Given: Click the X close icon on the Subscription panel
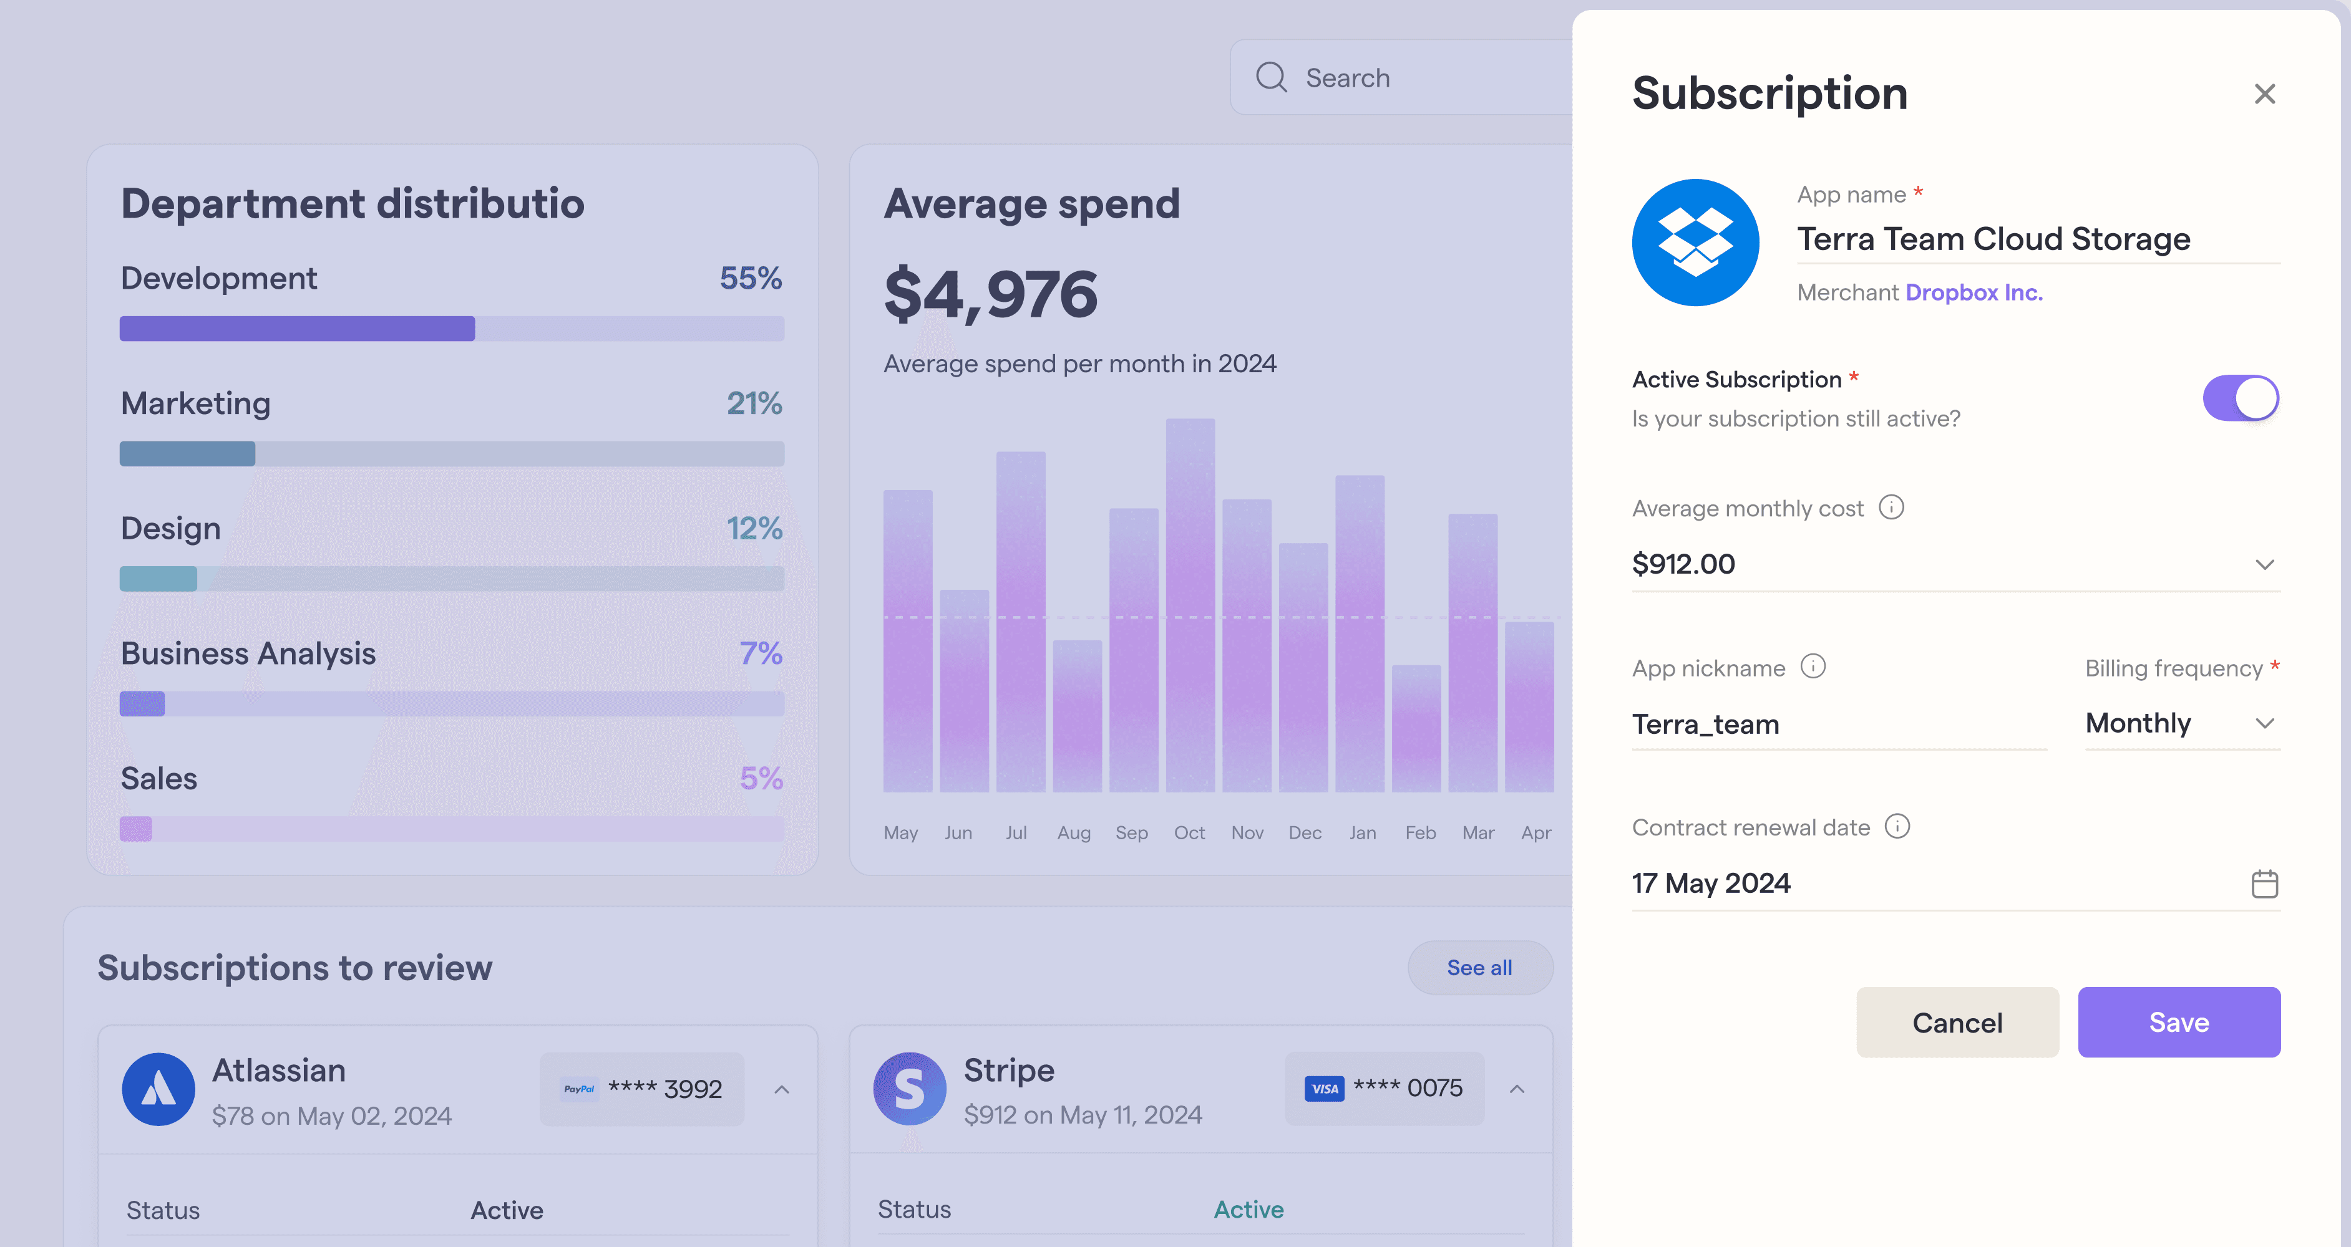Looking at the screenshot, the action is tap(2264, 94).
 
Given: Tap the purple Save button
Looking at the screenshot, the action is tap(2179, 1022).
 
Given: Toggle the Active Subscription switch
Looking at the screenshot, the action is tap(2241, 398).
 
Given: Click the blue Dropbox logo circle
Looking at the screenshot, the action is tap(1695, 242).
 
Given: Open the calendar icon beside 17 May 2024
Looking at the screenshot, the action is tap(2264, 883).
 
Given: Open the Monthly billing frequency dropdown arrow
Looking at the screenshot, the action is tap(2264, 723).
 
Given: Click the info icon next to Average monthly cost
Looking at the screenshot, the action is tap(1891, 507).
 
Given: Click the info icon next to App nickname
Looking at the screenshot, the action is tap(1813, 667).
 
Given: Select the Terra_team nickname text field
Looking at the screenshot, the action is tap(1839, 725).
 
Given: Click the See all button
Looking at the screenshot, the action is tap(1479, 967).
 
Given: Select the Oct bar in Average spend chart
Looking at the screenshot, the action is tap(1190, 605).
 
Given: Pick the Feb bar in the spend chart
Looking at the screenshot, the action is tap(1416, 728).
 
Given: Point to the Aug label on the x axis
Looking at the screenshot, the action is tap(1073, 833).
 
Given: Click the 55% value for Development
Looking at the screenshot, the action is tap(750, 277).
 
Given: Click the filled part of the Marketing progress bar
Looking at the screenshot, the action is tap(187, 453).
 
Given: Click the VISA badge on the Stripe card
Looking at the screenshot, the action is tap(1324, 1088).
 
